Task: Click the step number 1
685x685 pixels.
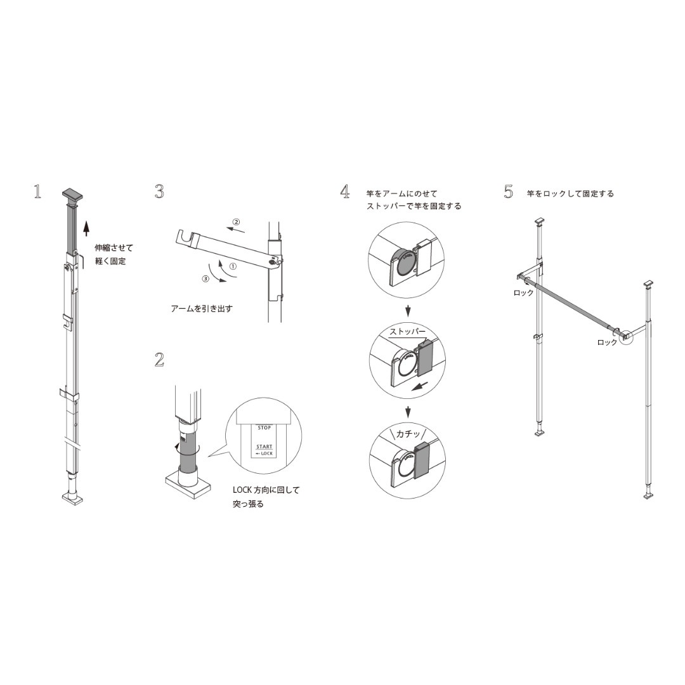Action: coord(37,192)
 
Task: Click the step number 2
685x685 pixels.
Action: coord(159,360)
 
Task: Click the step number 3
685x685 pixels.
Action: coord(159,192)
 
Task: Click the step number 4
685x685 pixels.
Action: coord(345,192)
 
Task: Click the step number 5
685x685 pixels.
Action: coord(508,192)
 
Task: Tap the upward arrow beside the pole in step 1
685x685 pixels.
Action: coord(86,227)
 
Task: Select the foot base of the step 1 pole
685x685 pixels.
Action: coord(72,499)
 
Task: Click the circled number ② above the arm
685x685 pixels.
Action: coord(236,222)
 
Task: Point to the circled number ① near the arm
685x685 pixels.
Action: coord(233,267)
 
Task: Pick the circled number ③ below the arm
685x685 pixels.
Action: coord(205,279)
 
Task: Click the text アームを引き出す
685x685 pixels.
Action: coord(202,309)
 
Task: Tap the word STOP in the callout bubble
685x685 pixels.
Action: coord(264,428)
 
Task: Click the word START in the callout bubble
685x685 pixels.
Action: coord(264,447)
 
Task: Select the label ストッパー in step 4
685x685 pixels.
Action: coord(407,332)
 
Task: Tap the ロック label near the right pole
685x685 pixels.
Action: coord(607,342)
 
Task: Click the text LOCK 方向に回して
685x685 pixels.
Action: coord(266,490)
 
